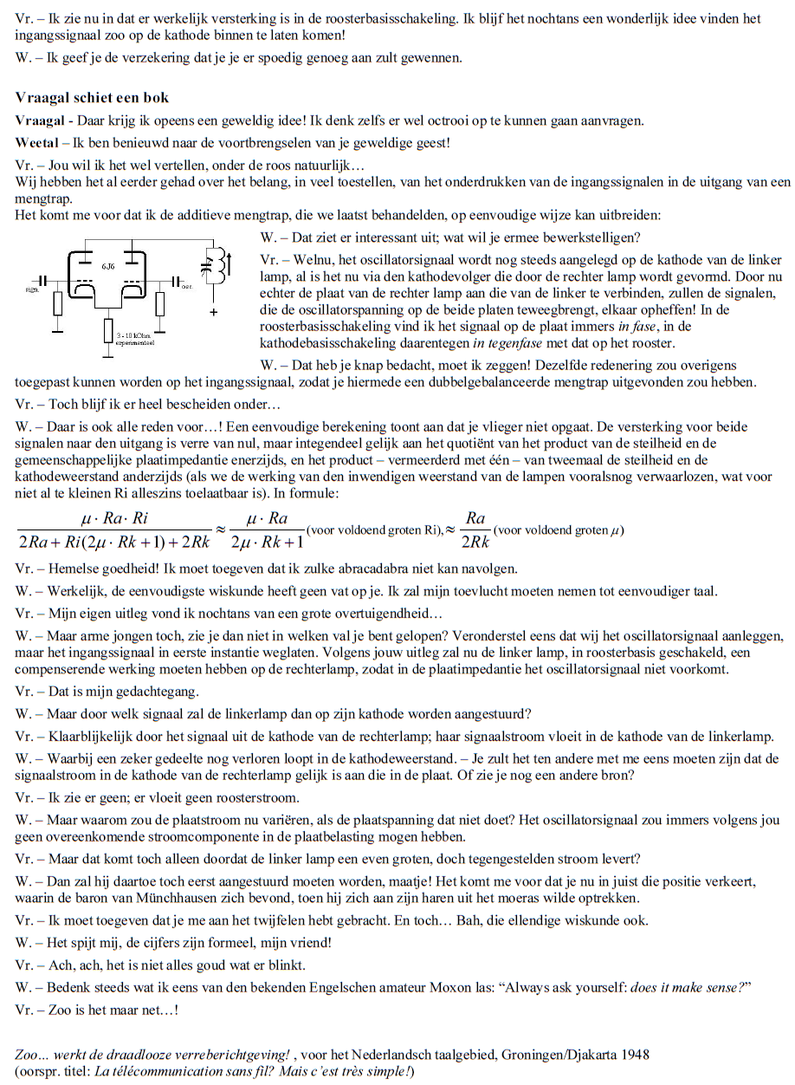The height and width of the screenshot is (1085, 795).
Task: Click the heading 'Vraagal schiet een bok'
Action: [x=93, y=98]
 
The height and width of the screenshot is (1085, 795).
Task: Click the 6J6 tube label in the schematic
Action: [x=107, y=262]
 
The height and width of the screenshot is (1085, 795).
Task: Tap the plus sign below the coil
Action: [x=213, y=312]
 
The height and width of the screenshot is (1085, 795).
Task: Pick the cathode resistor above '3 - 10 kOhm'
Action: [x=108, y=329]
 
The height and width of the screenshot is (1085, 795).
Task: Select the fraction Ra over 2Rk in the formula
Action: [x=475, y=530]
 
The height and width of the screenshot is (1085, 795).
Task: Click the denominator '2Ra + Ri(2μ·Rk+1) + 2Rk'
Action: [x=113, y=542]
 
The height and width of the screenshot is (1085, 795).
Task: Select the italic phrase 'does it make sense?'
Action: [x=684, y=987]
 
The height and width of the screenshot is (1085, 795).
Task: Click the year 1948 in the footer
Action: [x=634, y=1055]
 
